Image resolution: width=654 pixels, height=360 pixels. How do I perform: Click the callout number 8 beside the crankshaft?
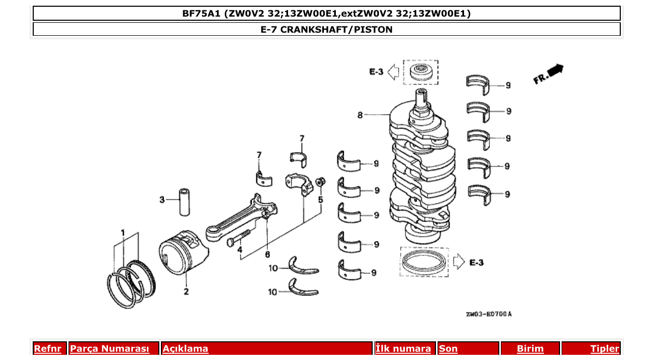point(360,115)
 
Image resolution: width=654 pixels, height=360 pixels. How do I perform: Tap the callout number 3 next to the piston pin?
point(162,200)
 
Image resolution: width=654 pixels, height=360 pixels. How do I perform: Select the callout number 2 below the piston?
point(186,292)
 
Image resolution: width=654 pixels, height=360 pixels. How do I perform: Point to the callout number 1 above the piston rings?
point(123,232)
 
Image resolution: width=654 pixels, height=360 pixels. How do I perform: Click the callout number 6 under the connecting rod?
point(267,255)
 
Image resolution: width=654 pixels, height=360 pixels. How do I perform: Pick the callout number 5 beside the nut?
point(320,199)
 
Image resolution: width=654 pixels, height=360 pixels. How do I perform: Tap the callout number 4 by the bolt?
point(240,250)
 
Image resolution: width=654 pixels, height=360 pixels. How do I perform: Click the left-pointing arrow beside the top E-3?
point(393,72)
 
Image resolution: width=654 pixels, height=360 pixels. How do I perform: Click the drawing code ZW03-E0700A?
point(488,314)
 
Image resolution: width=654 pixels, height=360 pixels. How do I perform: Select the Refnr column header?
point(47,349)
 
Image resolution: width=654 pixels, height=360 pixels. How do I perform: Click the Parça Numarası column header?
point(110,349)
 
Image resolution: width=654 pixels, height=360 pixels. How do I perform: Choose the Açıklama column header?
point(185,349)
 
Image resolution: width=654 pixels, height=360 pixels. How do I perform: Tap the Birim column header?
point(530,349)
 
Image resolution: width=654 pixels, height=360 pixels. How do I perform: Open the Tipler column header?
point(604,349)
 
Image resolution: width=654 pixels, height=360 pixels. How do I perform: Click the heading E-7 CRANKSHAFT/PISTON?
point(326,30)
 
